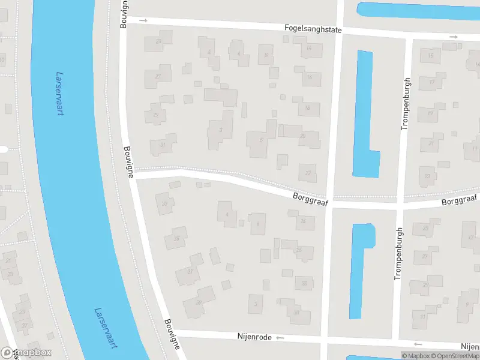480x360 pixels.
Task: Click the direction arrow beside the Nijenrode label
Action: (280, 338)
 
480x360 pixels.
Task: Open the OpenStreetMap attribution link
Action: (455, 356)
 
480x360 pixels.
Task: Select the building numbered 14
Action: (309, 49)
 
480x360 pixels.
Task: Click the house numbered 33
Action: (164, 203)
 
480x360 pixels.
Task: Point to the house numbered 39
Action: (199, 302)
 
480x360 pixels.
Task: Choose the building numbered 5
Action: (260, 142)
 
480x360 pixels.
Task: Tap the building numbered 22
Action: (308, 173)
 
